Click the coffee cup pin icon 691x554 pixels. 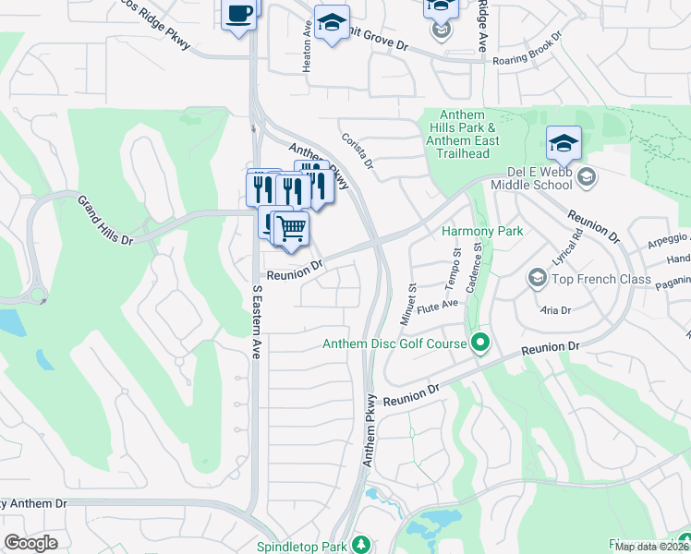pos(239,15)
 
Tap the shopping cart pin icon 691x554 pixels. pos(291,227)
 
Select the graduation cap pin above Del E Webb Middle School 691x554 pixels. pos(564,144)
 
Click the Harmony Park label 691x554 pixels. pos(482,231)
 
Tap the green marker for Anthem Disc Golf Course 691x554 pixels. pos(479,344)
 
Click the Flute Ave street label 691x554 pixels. pos(438,304)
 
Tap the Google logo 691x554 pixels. pos(30,543)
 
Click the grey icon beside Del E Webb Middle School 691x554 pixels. pos(585,175)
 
